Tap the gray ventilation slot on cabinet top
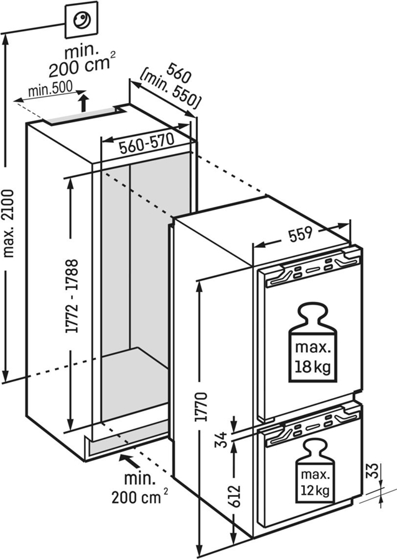pos(84,116)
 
